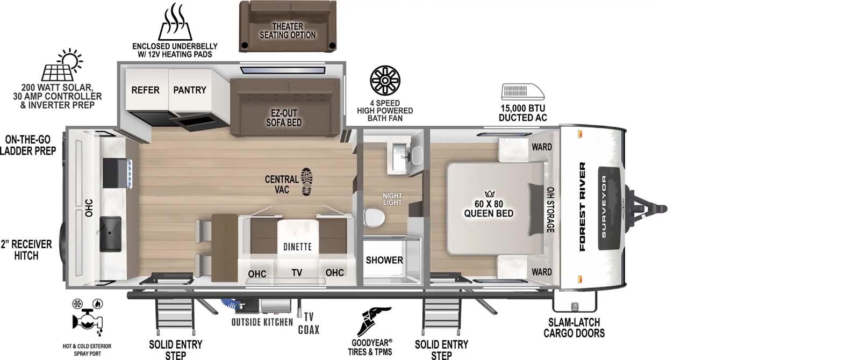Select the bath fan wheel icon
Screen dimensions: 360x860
(385, 81)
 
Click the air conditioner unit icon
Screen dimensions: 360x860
(522, 92)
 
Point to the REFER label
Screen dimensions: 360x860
(145, 90)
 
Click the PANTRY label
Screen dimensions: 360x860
(189, 90)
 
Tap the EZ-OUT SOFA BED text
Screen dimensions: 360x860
(283, 118)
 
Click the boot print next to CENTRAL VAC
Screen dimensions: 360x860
(307, 182)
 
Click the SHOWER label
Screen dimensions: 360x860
(384, 260)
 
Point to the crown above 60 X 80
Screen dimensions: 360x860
(489, 193)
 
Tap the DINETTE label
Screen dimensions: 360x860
(297, 247)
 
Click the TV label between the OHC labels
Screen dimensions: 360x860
(297, 273)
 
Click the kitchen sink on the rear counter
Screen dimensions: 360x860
(110, 234)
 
